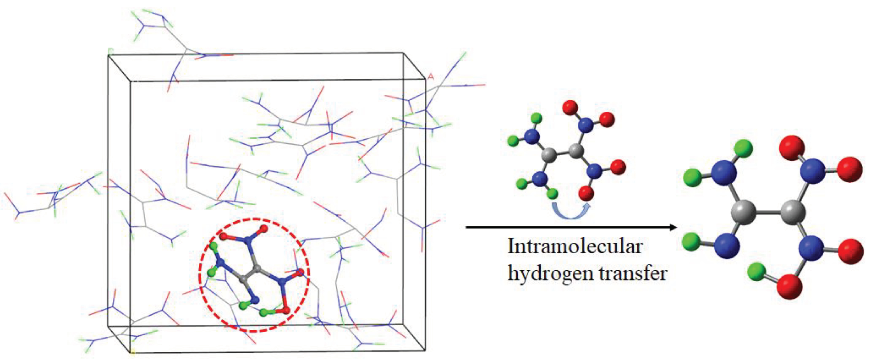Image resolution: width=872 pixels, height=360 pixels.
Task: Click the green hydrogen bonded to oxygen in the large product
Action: (x=757, y=272)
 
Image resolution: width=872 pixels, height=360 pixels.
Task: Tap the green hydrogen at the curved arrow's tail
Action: (x=552, y=194)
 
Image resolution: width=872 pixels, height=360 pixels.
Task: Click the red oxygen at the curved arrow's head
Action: (x=586, y=193)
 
